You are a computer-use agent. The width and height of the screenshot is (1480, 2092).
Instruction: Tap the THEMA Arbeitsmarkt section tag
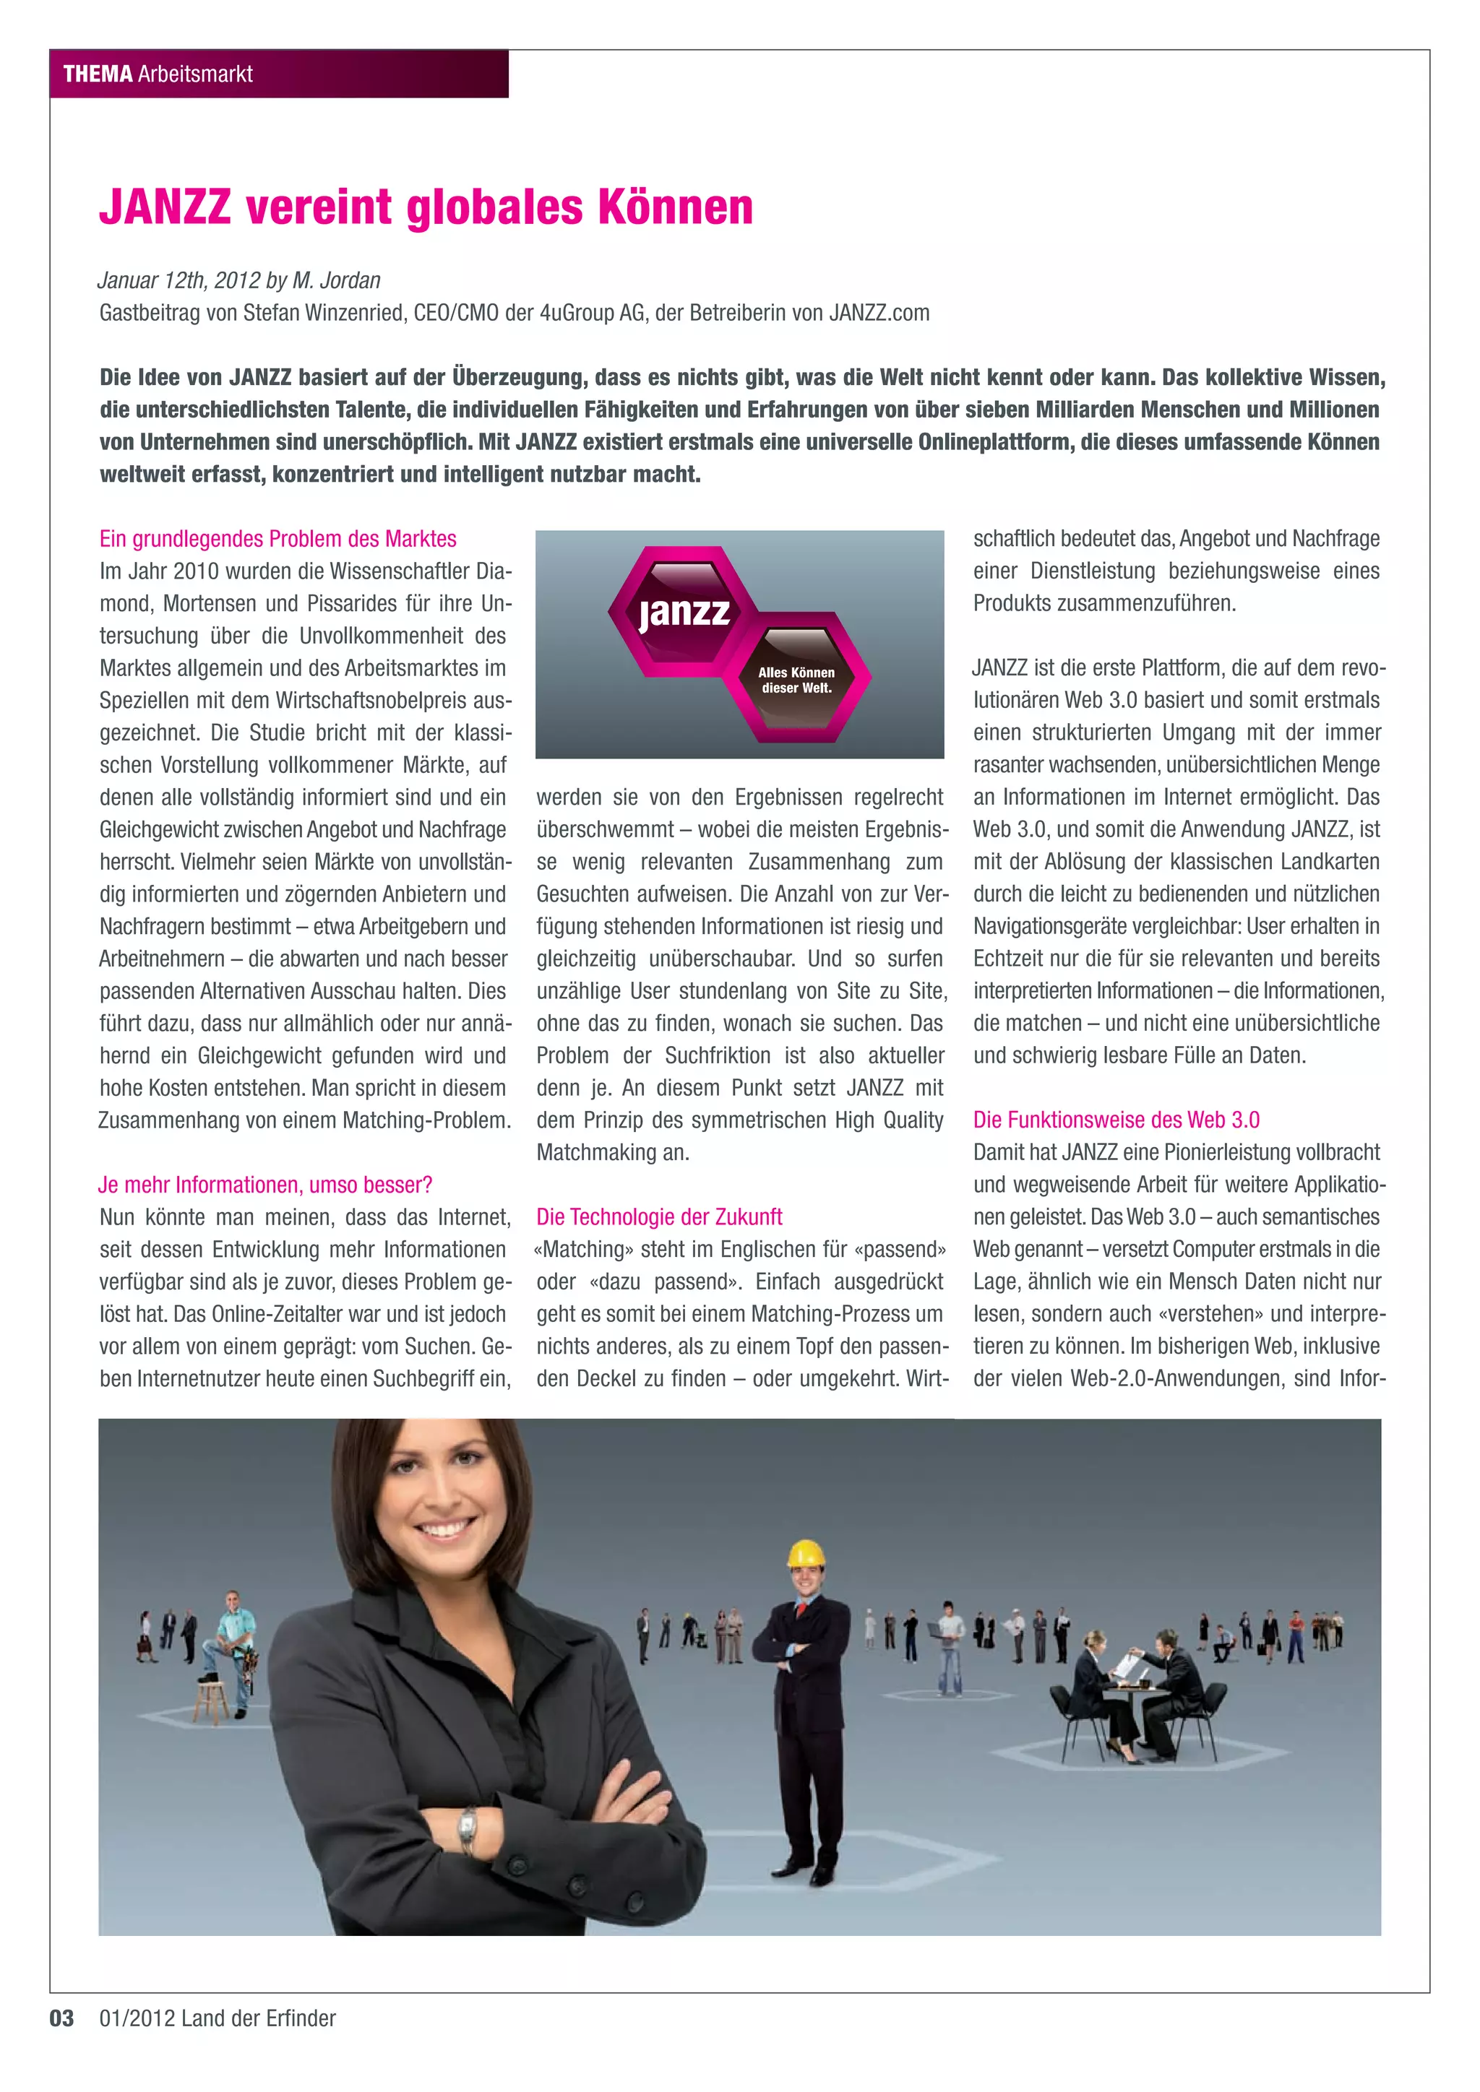tap(158, 74)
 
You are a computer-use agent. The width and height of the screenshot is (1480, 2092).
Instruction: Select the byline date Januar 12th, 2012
tap(178, 280)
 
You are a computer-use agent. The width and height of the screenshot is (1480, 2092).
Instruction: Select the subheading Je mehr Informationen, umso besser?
tap(264, 1185)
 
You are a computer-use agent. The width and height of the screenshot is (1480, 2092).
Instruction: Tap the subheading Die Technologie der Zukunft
tap(659, 1217)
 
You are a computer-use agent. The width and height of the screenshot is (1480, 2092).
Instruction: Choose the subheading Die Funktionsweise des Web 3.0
tap(1116, 1120)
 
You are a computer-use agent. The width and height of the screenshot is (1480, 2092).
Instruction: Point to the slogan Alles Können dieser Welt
tap(796, 680)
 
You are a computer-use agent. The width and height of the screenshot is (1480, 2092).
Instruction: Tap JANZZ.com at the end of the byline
tap(879, 314)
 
